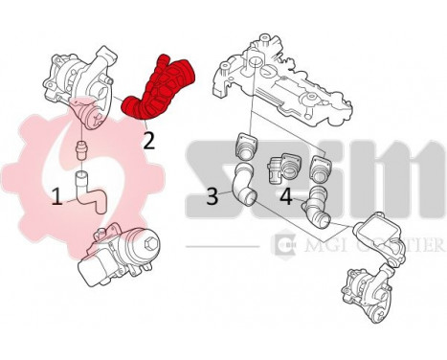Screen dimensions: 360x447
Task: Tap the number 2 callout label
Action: (x=148, y=141)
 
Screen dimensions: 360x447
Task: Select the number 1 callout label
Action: (x=57, y=196)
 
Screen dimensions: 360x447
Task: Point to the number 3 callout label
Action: (x=213, y=197)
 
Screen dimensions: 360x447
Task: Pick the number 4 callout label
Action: (x=286, y=197)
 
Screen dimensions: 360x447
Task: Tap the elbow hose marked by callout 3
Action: (x=243, y=188)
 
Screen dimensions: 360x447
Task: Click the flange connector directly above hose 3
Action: (x=246, y=148)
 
